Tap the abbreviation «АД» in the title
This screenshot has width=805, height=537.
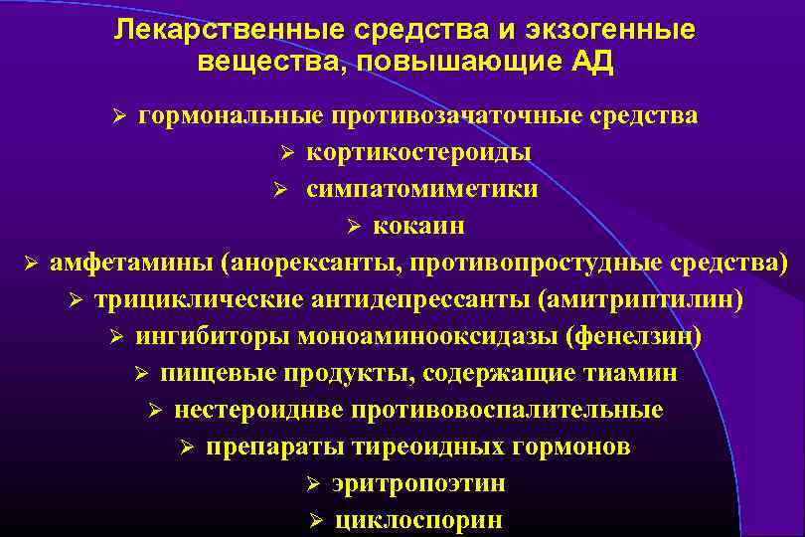click(592, 63)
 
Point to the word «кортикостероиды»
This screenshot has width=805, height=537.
click(417, 152)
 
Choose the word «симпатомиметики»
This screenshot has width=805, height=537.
click(422, 189)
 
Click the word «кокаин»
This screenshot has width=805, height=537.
click(418, 226)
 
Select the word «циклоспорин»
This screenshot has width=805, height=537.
click(418, 520)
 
